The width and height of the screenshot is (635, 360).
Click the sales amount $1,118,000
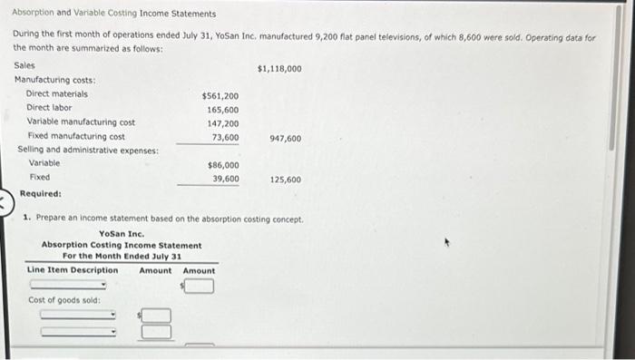point(279,68)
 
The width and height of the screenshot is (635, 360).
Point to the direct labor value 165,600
point(224,109)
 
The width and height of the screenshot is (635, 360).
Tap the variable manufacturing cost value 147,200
point(224,122)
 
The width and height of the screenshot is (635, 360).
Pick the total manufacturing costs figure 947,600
point(286,139)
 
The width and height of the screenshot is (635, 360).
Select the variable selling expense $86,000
point(223,166)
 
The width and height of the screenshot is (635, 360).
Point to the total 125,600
point(286,180)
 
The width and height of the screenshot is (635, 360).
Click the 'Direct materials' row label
point(57,93)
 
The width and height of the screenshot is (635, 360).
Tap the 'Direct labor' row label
point(49,107)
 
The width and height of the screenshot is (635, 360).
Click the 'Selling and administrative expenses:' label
point(88,150)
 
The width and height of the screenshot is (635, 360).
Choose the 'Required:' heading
point(41,193)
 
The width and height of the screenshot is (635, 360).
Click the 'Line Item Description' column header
point(73,270)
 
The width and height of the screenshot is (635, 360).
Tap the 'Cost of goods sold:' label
point(64,300)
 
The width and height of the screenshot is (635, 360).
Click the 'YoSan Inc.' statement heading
point(122,234)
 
